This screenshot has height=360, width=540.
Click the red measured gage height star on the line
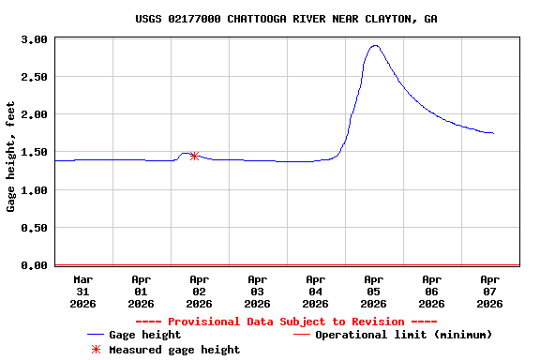(x=194, y=156)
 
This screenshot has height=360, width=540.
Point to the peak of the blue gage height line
(x=375, y=45)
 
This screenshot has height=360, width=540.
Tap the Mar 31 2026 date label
(x=83, y=291)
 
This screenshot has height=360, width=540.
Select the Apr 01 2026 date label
(x=142, y=291)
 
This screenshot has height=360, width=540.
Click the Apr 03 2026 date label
(x=258, y=291)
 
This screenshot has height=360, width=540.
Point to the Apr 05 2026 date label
(x=374, y=291)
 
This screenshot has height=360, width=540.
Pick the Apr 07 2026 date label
(x=489, y=291)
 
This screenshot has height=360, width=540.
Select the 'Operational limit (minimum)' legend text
(x=403, y=335)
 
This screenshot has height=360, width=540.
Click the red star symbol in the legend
(x=95, y=350)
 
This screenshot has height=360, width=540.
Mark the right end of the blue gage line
(x=493, y=133)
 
